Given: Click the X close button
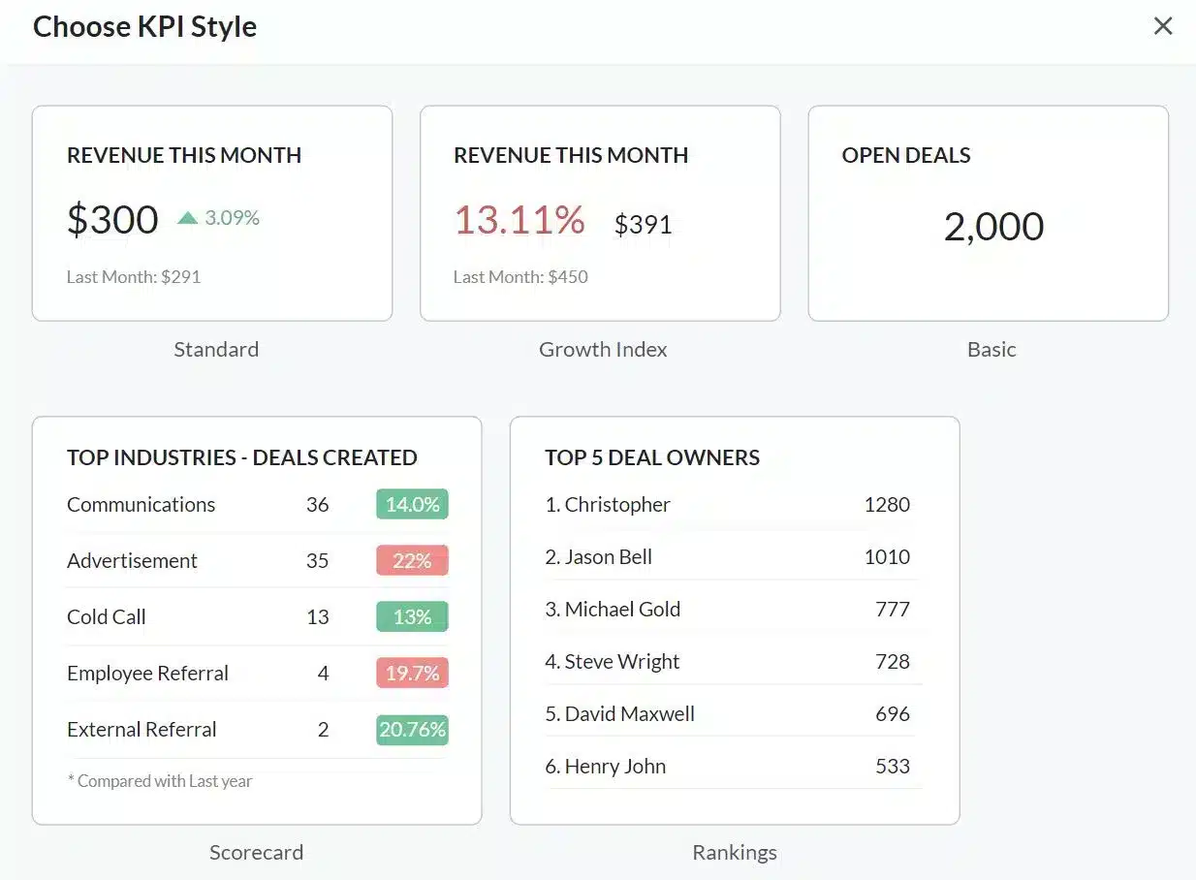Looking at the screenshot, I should [1163, 26].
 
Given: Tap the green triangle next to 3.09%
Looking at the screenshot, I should [188, 218].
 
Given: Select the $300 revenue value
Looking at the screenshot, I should [112, 220].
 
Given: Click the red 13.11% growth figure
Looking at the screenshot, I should [519, 220].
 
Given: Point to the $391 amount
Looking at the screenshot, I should [643, 225].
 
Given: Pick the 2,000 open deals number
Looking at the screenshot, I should [993, 227].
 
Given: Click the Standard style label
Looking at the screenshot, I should [216, 350].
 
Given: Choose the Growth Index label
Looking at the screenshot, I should [603, 350].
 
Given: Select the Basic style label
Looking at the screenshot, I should [991, 350].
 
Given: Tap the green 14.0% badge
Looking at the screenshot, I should [412, 505].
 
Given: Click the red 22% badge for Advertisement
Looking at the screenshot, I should [412, 561].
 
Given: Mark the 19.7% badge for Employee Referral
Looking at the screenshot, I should [412, 674].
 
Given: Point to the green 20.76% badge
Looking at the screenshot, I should [412, 730].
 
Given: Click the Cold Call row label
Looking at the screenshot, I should [107, 617].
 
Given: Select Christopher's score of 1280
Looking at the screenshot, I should [887, 505].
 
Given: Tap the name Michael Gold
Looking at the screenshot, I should [622, 610].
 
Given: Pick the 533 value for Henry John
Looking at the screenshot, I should [892, 767].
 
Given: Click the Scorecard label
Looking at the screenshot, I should [256, 853].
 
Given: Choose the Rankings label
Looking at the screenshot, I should [735, 853].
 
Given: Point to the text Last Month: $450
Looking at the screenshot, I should [520, 277].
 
